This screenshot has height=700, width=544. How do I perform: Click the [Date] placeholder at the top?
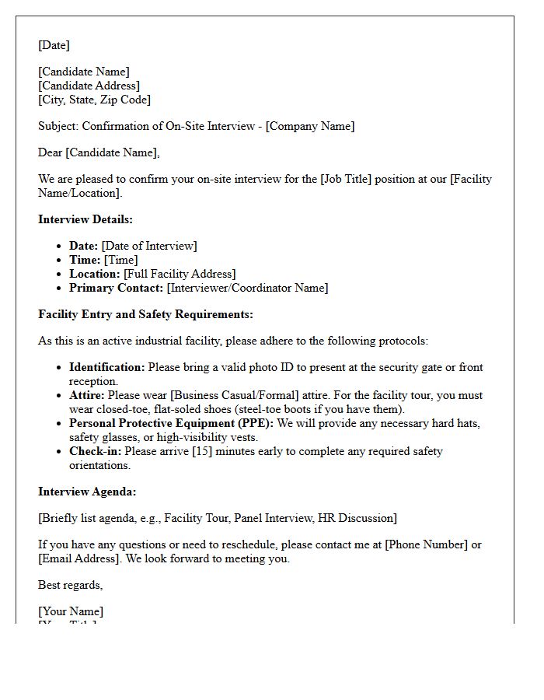[x=54, y=45]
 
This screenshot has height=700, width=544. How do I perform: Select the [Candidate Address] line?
[x=89, y=86]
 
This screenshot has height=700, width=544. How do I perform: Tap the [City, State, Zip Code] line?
[x=94, y=100]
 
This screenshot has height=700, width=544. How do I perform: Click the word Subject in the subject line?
[x=58, y=126]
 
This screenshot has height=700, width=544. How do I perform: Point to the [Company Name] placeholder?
[x=310, y=126]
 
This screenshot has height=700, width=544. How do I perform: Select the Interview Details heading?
[x=85, y=219]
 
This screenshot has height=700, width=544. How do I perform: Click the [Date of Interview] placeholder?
[x=149, y=246]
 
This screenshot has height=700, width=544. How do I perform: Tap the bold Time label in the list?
[x=85, y=260]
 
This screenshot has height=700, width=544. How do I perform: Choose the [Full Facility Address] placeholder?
[x=180, y=274]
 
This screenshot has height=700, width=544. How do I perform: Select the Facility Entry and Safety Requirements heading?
[x=145, y=314]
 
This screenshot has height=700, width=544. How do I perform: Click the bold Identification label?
[x=107, y=367]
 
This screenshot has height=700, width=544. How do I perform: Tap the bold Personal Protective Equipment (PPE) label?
[x=171, y=423]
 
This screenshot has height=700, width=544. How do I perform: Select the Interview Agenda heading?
[x=87, y=492]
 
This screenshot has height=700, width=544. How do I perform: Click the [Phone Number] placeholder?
[x=427, y=544]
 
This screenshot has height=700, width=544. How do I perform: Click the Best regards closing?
[x=70, y=585]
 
